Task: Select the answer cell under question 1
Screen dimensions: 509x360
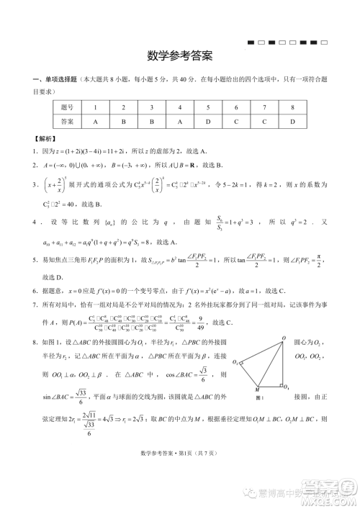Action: point(95,122)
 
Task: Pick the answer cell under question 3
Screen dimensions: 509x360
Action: point(151,122)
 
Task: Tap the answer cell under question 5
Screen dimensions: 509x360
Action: point(207,122)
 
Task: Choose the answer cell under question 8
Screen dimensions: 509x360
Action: point(292,122)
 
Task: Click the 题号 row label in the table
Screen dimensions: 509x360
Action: point(68,108)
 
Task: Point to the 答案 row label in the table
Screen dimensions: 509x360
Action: point(68,122)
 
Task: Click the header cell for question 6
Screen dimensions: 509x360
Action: point(236,108)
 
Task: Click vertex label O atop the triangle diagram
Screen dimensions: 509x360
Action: point(283,338)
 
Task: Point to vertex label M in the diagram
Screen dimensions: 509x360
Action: point(257,389)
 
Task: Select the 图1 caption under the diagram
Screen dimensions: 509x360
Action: point(260,397)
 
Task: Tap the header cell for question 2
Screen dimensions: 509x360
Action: point(123,108)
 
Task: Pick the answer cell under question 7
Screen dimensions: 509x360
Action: point(264,122)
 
